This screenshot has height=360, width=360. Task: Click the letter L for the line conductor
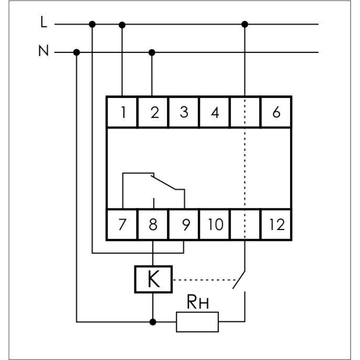click(44, 22)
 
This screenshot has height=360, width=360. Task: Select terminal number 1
click(123, 112)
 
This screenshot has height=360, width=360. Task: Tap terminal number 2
click(155, 112)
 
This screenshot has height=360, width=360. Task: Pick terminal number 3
click(184, 112)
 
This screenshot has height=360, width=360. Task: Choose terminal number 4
click(215, 112)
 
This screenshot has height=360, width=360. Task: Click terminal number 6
click(276, 112)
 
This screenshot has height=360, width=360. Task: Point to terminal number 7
click(122, 224)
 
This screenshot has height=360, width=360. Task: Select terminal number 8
click(153, 224)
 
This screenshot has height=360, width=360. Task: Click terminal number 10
click(215, 224)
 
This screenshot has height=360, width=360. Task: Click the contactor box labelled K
click(153, 279)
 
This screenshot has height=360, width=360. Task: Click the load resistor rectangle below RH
click(197, 322)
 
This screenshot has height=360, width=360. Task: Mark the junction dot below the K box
click(153, 322)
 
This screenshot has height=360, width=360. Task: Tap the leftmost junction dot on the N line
click(76, 53)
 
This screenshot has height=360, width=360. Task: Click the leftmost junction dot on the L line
click(92, 24)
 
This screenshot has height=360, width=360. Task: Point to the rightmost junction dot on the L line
click(245, 24)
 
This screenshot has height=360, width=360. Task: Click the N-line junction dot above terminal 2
click(152, 53)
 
